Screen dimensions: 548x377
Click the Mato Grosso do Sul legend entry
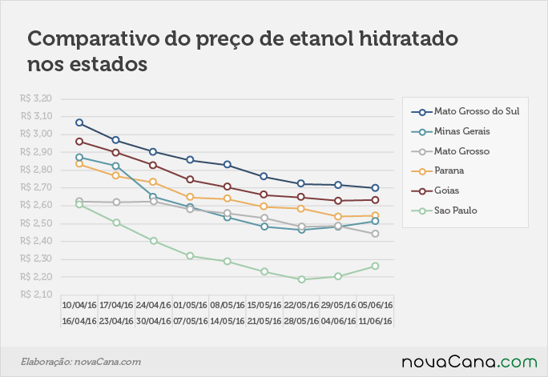(465, 111)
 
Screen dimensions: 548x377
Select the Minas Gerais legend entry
(450, 131)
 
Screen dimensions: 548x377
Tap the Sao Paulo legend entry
(444, 211)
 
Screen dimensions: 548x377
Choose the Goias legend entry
(435, 191)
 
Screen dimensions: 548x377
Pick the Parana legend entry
(437, 170)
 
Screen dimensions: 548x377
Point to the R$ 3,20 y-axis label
(36, 98)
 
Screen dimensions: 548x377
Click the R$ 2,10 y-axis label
(36, 295)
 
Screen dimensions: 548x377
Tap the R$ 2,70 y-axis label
(36, 187)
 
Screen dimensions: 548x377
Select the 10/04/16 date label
(79, 305)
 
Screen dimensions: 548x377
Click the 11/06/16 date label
(376, 321)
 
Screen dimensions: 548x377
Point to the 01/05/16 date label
(190, 305)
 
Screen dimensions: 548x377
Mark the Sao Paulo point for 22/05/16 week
(301, 279)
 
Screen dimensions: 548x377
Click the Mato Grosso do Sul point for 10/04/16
(79, 122)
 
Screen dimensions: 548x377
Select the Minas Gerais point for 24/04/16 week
(153, 197)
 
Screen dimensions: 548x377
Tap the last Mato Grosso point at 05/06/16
(376, 234)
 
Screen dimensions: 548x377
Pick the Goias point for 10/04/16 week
(79, 142)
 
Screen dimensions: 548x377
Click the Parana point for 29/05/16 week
(338, 217)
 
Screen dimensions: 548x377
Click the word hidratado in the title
(409, 38)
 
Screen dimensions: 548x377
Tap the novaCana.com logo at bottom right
(469, 362)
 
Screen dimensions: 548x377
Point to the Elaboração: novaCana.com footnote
(81, 362)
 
